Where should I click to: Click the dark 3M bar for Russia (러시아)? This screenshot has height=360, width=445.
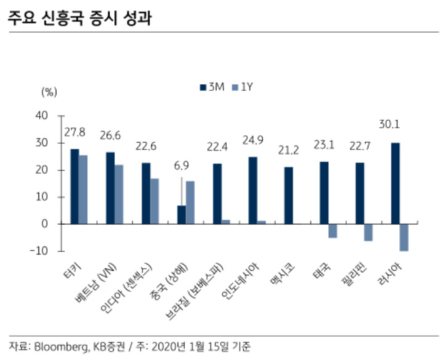pos(395,183)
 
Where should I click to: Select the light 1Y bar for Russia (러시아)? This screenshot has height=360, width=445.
pos(404,238)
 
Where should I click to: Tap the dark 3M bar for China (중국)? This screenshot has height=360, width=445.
pos(182,215)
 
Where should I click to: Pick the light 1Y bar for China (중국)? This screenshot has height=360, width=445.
pos(190,202)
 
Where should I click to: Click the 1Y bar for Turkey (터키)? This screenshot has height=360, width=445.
pos(84,190)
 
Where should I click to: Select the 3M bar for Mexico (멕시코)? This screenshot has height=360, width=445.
pos(289,196)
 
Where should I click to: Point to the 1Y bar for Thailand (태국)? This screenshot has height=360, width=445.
pos(332,231)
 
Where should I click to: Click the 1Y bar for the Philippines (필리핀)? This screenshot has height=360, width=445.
pos(368,233)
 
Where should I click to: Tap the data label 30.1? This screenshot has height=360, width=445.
pos(390,124)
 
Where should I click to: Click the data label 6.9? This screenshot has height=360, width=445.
pos(182,166)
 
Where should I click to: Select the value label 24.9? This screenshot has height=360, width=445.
pos(253,140)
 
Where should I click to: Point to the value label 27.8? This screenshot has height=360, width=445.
pos(74,132)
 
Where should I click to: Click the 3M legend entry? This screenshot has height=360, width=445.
pos(212,87)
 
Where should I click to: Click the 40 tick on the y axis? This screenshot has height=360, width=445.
pos(42,116)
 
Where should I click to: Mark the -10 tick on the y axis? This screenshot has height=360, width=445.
pos(40,251)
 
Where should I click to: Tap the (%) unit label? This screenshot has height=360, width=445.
pos(49,92)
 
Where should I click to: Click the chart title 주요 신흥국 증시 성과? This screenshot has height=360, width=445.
pos(80,18)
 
